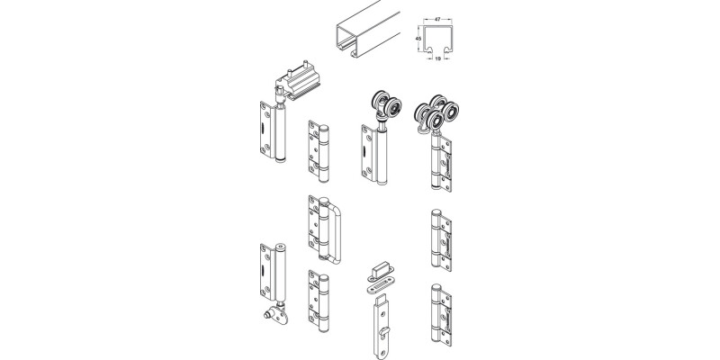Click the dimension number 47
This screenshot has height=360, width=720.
pyautogui.click(x=438, y=17)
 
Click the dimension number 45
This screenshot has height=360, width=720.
pyautogui.click(x=418, y=40)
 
